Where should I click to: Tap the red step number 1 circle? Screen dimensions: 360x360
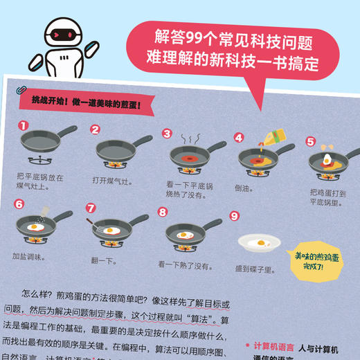tap(23, 126)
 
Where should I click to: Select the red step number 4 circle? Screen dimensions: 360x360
tap(239, 137)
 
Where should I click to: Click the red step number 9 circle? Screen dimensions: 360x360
tap(235, 216)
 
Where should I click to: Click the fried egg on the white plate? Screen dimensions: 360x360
tap(262, 243)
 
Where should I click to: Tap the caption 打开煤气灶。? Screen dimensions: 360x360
tap(111, 181)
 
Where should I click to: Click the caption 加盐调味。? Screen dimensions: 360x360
tap(28, 257)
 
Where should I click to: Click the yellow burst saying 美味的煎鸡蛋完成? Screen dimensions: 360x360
tap(318, 260)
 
